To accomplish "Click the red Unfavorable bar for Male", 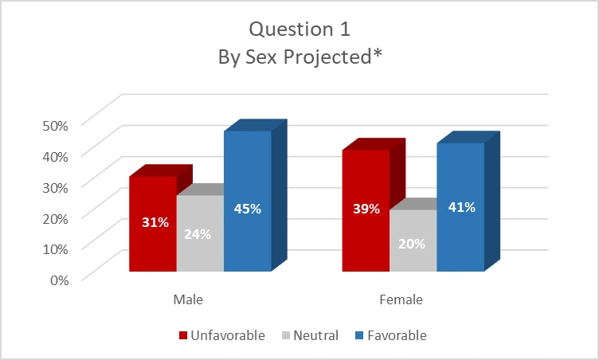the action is tap(153, 224).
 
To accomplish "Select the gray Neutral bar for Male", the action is tap(200, 233).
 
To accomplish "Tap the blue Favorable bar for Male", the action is tap(248, 202).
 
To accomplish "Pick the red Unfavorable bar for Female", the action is tap(366, 210).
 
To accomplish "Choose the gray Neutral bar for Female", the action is tap(413, 241).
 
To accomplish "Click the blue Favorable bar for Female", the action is tap(460, 207).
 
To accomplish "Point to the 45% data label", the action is tap(248, 209).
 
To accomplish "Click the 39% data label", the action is tap(366, 209).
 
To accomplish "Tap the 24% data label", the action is tap(198, 234).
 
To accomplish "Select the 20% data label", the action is tap(412, 244).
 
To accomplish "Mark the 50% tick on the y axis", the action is tap(56, 125).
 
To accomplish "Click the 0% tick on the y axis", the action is tap(60, 280).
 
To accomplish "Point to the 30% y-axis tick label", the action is tap(56, 187).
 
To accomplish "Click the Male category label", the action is tap(188, 299).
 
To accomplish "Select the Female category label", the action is tap(401, 299).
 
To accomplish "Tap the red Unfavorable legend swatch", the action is tap(183, 335).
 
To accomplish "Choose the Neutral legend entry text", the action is tap(316, 335).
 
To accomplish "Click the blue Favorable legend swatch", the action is tap(359, 335).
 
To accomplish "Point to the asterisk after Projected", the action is tap(378, 53).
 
